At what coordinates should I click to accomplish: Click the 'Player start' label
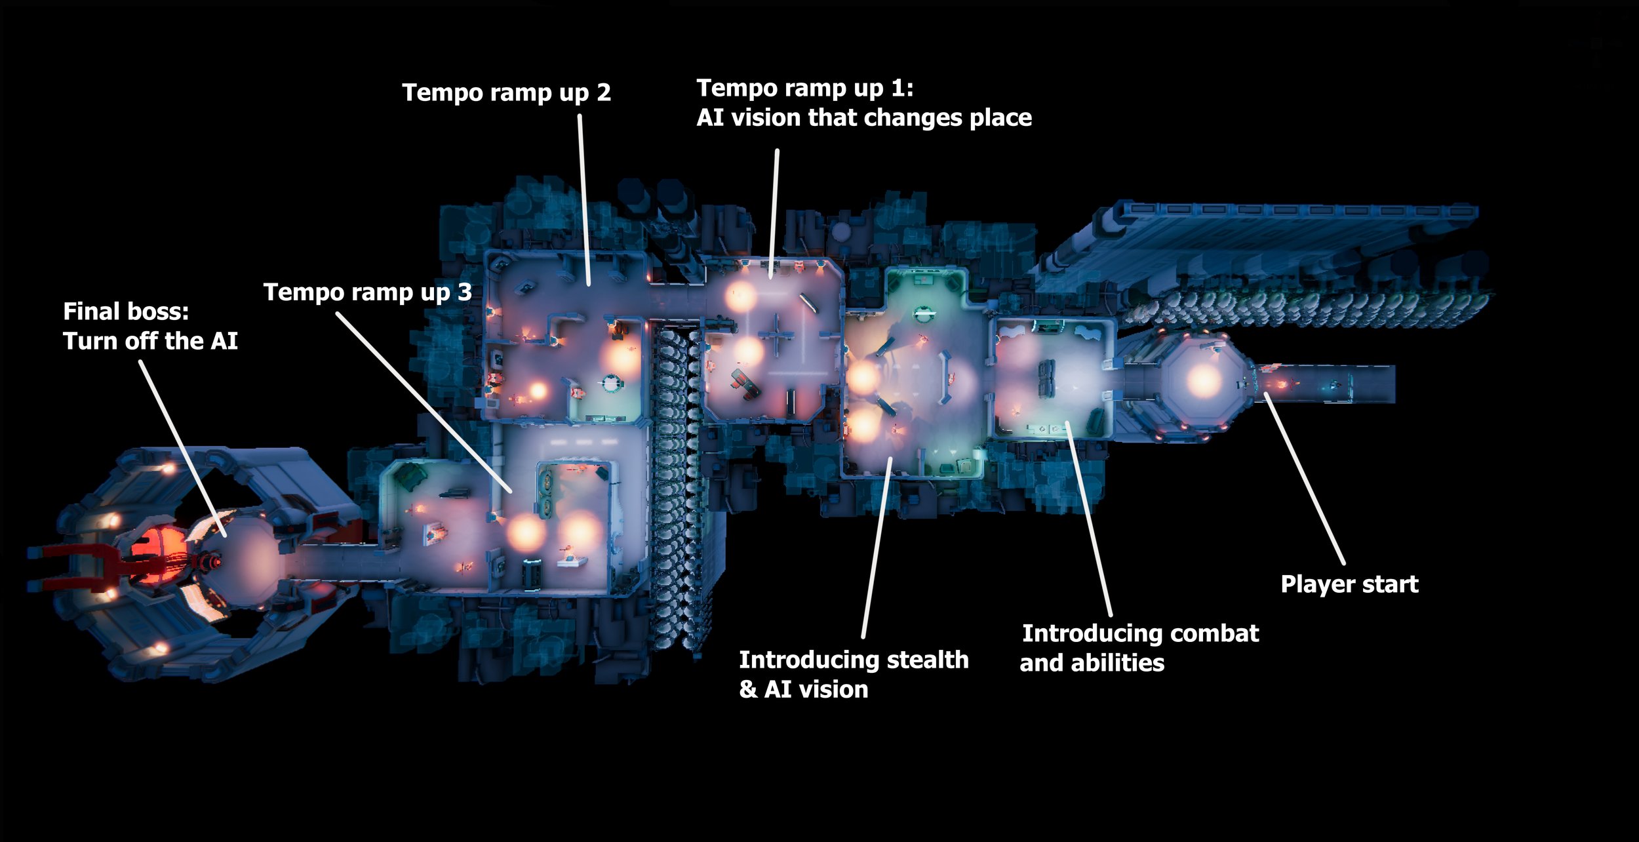1349,584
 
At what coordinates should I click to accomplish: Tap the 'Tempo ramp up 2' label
506,92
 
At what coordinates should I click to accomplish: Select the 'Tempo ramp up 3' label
367,292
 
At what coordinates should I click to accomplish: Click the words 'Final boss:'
126,311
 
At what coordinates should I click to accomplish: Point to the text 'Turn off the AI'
150,341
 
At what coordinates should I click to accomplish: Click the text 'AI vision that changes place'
863,117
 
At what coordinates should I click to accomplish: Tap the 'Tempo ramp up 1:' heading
804,88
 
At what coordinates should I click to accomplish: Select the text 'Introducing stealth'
854,660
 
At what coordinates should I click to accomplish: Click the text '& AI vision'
803,689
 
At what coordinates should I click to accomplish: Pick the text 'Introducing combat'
1140,633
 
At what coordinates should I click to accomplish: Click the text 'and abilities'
1092,663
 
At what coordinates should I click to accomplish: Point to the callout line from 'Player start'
1304,478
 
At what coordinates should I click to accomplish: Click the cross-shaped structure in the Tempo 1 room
776,335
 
